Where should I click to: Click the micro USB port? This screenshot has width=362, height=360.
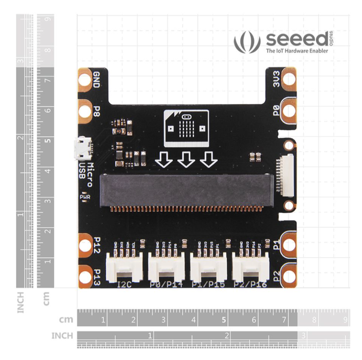(80, 148)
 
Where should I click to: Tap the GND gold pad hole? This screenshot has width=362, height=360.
(85, 80)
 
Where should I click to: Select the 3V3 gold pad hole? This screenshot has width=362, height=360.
(289, 79)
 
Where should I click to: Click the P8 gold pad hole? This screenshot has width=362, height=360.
(85, 111)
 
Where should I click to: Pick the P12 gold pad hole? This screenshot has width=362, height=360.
(85, 245)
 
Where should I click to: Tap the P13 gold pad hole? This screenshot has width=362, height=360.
(85, 275)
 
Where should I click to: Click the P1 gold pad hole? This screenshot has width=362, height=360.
(289, 245)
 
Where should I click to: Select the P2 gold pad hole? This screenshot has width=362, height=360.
(289, 275)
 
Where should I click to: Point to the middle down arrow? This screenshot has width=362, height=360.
(186, 159)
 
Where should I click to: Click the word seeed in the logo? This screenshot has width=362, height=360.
(296, 39)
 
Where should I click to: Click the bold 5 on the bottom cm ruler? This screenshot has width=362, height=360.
(224, 320)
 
